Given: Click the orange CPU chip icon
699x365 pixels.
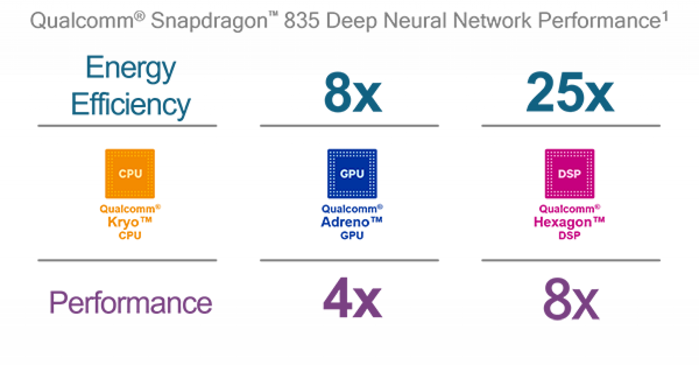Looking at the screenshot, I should click(130, 174).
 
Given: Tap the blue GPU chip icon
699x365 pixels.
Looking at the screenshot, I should click(352, 174).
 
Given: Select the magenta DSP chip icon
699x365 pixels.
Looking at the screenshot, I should click(569, 174).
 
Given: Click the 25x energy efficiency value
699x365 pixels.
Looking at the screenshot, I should click(570, 92).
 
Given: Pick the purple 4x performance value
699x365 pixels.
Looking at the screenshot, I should click(352, 298).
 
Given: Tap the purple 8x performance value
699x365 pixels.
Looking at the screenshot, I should click(571, 299).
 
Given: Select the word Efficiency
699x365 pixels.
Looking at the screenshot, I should click(130, 105).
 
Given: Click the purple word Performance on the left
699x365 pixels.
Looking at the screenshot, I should click(130, 302).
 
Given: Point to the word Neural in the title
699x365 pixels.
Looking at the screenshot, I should click(414, 21).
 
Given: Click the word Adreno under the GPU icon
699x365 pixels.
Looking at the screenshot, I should click(345, 222).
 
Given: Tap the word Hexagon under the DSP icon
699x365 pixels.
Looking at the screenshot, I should click(562, 222).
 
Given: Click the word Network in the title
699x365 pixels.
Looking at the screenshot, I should click(491, 21).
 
